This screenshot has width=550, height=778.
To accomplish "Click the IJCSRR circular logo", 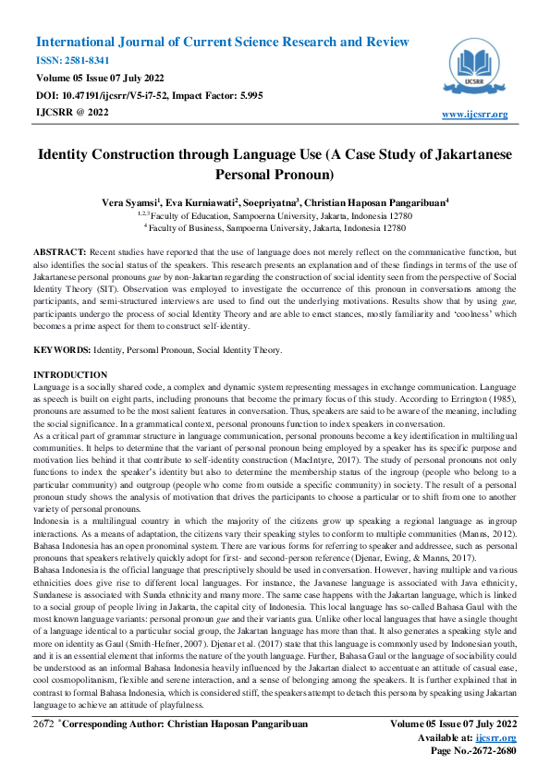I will pyautogui.click(x=477, y=65).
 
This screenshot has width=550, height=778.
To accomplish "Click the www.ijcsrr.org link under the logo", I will pyautogui.click(x=475, y=115).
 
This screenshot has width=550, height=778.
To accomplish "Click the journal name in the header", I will pyautogui.click(x=222, y=43).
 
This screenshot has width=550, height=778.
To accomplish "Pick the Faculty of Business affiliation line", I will pyautogui.click(x=275, y=225).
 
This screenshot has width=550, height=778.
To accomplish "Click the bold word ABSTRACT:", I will pyautogui.click(x=60, y=252).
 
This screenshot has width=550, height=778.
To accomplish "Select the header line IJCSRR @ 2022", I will pyautogui.click(x=71, y=112).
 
